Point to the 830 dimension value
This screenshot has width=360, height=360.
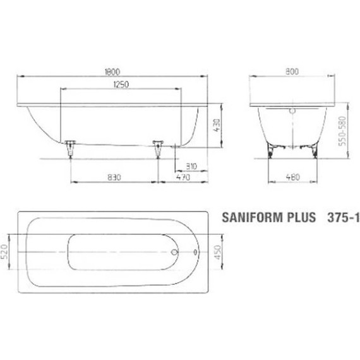click(113, 178)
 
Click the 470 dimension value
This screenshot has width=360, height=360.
click(183, 178)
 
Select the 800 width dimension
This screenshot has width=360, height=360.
click(291, 73)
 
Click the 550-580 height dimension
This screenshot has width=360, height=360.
click(343, 131)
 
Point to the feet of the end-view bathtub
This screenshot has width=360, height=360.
click(291, 151)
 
